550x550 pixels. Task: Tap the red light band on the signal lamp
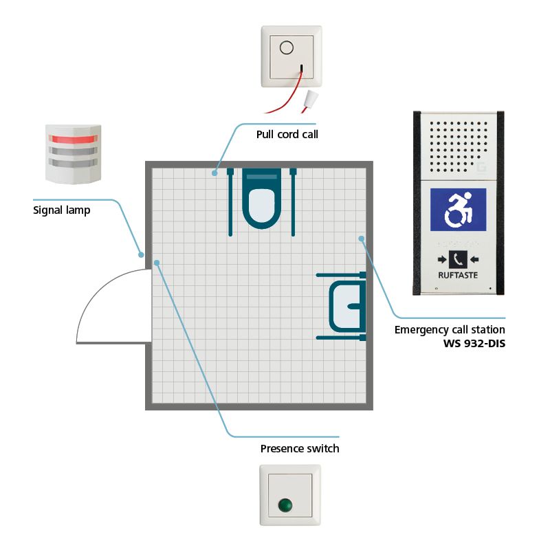click(72, 140)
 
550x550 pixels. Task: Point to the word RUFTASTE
click(457, 274)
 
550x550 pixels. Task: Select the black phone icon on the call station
click(458, 259)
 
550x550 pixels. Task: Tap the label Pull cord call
click(287, 134)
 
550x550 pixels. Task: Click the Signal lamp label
click(62, 210)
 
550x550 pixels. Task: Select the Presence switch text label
click(300, 449)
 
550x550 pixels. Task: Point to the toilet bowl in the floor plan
click(261, 203)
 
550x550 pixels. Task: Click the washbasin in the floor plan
click(347, 306)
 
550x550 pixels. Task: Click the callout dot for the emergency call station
click(361, 239)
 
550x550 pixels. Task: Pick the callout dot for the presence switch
click(157, 262)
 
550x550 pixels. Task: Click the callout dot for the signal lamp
click(141, 255)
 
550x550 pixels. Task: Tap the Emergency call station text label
click(450, 330)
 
